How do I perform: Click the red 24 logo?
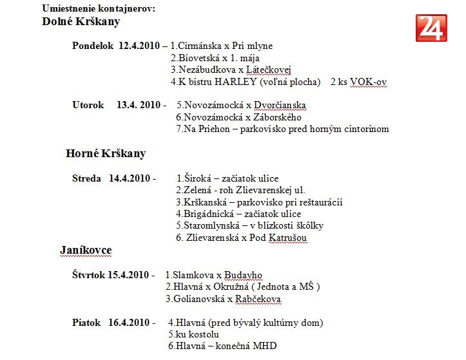431,28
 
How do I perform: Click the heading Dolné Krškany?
81,22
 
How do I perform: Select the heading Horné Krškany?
106,154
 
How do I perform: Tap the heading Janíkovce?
86,251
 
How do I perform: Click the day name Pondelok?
93,46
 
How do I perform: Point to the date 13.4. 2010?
139,105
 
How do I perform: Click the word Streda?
86,178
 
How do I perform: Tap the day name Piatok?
86,323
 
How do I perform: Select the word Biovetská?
198,58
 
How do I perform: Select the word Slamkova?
191,275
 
